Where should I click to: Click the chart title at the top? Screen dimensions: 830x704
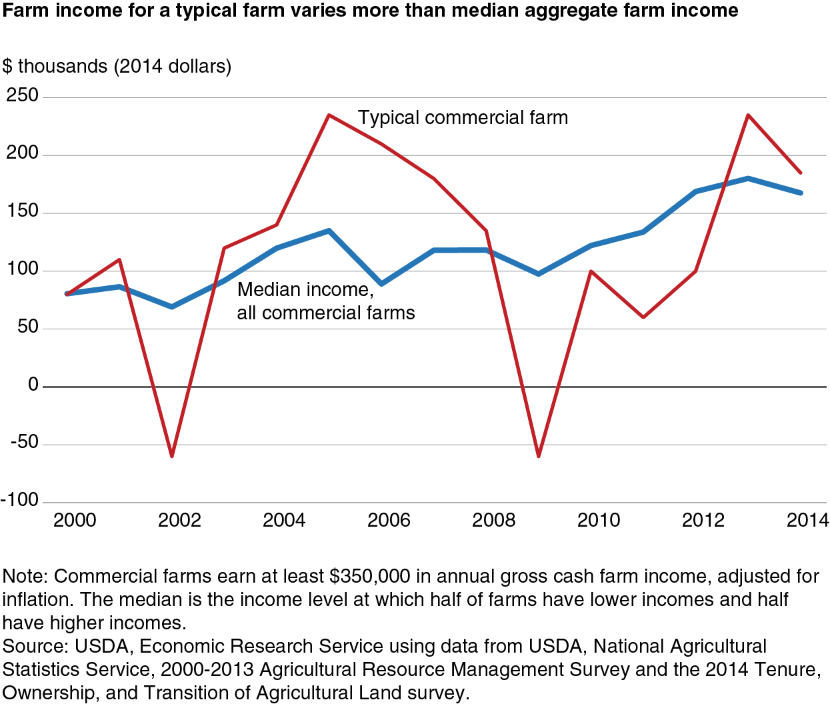tap(370, 11)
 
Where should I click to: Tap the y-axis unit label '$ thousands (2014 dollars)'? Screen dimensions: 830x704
tap(117, 67)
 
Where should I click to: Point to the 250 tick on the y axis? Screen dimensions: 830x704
tap(23, 95)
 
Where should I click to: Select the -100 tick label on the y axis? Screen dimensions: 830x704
tap(20, 500)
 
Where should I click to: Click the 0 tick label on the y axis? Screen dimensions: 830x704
tap(33, 385)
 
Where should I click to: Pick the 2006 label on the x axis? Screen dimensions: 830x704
tap(389, 520)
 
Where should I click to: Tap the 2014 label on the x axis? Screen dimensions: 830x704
tap(808, 520)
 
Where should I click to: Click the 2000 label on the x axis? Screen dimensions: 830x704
tap(75, 520)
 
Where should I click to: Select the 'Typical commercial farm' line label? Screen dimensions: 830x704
tap(463, 118)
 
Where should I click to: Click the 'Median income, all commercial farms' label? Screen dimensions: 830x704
tap(325, 301)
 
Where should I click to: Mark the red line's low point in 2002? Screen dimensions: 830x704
tap(172, 456)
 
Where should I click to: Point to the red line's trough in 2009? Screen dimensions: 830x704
tap(539, 456)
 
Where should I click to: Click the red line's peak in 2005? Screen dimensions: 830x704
tap(329, 115)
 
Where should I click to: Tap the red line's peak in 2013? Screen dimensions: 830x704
tap(748, 115)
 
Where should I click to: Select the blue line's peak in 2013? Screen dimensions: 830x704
tap(748, 178)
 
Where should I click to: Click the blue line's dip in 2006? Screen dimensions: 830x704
tap(381, 284)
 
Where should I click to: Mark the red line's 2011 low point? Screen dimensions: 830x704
tap(643, 317)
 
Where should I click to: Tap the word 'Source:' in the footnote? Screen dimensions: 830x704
tap(35, 647)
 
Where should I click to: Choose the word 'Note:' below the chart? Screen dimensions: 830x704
tap(25, 577)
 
